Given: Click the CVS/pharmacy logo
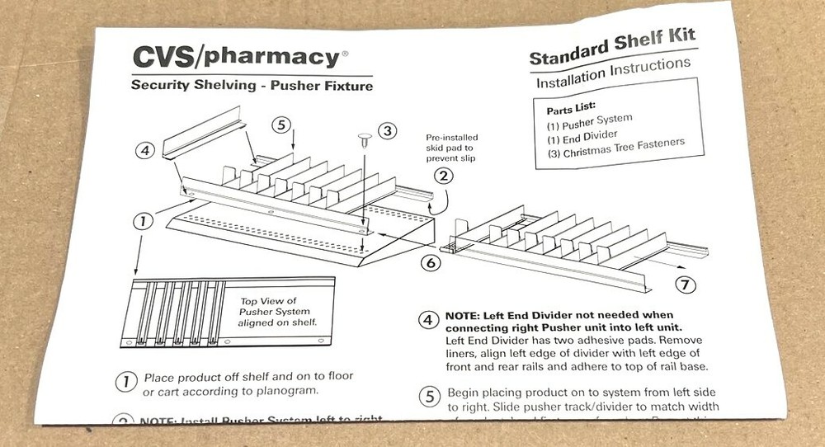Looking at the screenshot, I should pos(235,57).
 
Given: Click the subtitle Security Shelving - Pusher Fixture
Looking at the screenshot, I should pos(252,86).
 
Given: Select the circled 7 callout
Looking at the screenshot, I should pos(686,285).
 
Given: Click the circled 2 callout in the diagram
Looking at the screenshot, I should pos(443,176).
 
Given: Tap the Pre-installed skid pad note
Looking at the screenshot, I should pos(451,148).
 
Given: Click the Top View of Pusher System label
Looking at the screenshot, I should pos(274,312).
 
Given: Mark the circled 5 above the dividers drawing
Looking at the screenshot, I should pos(281,125).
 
